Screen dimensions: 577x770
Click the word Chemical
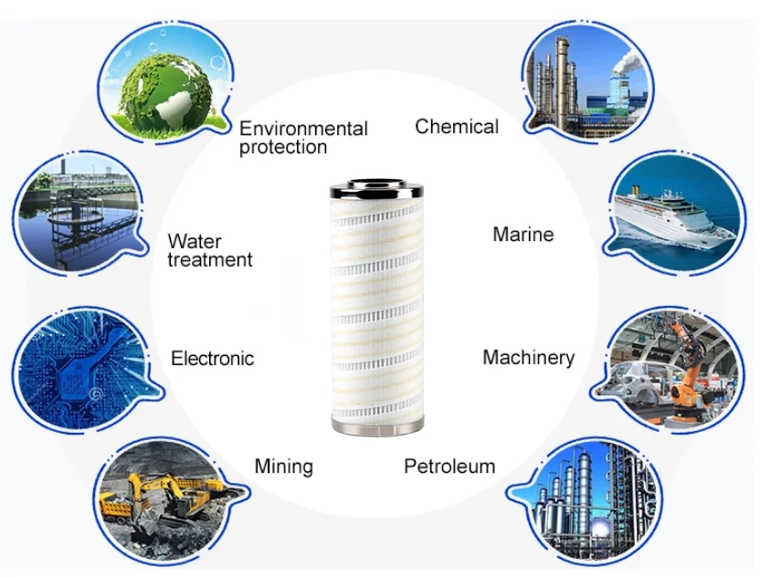(457, 127)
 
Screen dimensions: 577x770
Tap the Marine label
(522, 235)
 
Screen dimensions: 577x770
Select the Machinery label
(528, 357)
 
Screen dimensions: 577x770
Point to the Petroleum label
(449, 467)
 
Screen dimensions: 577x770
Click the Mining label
(283, 467)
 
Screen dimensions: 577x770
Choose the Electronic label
(212, 358)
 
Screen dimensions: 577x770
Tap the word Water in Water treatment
(195, 242)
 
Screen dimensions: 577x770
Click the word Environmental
(303, 129)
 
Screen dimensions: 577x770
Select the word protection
(283, 147)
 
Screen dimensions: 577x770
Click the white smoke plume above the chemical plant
(627, 59)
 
